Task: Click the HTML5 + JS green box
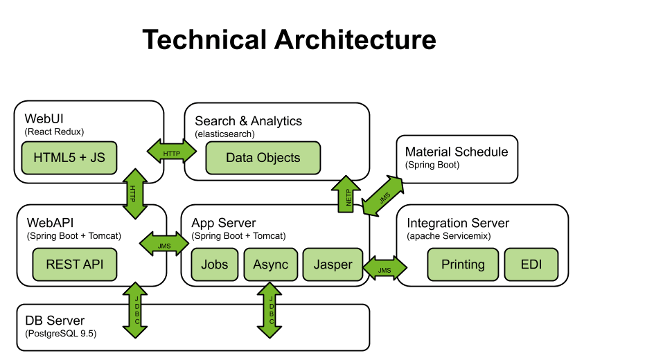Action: tap(69, 158)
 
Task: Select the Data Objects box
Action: tap(263, 158)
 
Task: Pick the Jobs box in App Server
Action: tap(215, 264)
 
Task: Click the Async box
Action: tap(270, 264)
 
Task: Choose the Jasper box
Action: tap(333, 264)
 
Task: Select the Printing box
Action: tap(463, 264)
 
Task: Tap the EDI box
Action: tap(531, 264)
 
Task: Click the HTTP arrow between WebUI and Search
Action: tap(171, 152)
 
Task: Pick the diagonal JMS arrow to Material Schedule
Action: tap(384, 195)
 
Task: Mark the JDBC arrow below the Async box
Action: tap(271, 309)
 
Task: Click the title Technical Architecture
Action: tap(289, 39)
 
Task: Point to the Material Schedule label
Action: tap(456, 152)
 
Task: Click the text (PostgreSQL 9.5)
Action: tap(61, 334)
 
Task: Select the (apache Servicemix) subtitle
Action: tap(449, 236)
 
